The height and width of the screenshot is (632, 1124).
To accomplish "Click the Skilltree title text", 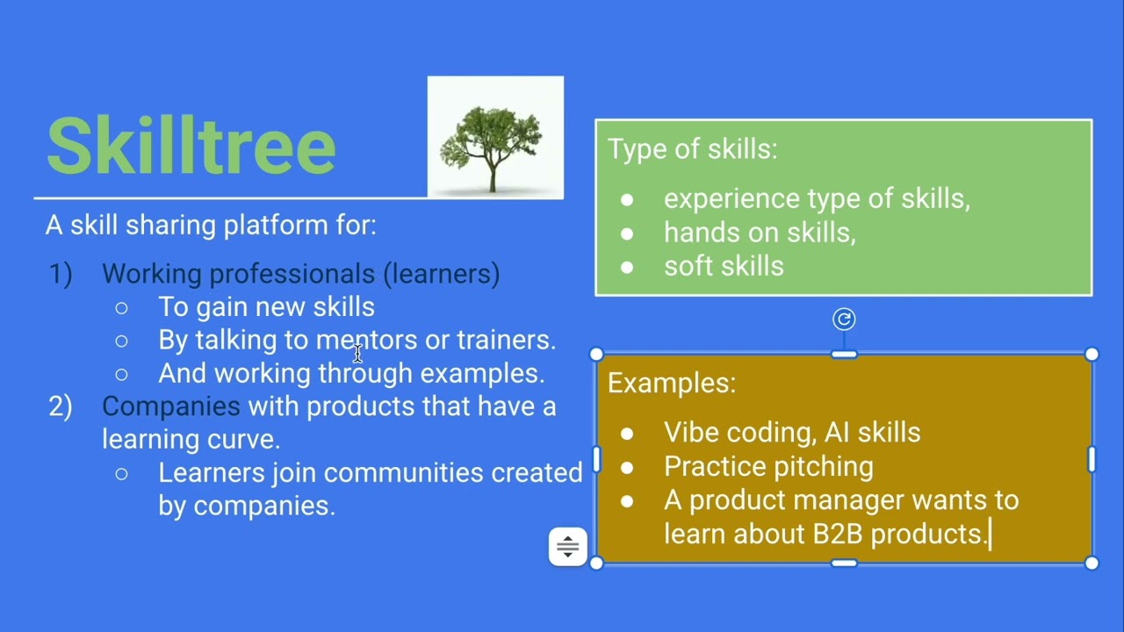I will pyautogui.click(x=191, y=146).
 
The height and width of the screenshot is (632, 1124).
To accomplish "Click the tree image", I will pyautogui.click(x=495, y=137).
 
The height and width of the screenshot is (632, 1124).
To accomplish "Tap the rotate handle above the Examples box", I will pyautogui.click(x=843, y=320).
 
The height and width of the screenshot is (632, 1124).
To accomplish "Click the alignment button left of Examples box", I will pyautogui.click(x=568, y=547).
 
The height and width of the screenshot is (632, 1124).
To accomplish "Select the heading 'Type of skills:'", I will pyautogui.click(x=692, y=149).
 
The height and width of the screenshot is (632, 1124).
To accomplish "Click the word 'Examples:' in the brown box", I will pyautogui.click(x=672, y=383).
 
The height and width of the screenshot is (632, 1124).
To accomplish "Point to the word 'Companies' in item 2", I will pyautogui.click(x=170, y=406).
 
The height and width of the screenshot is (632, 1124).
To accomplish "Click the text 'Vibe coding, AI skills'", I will pyautogui.click(x=791, y=432).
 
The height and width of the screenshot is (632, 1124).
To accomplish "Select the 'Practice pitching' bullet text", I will pyautogui.click(x=768, y=466).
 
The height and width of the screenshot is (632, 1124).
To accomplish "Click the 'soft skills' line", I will pyautogui.click(x=724, y=266).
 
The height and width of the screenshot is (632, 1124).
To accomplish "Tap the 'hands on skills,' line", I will pyautogui.click(x=760, y=233).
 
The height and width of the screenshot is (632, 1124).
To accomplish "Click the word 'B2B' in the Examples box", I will pyautogui.click(x=838, y=534).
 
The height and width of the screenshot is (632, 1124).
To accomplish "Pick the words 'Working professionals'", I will pyautogui.click(x=238, y=274).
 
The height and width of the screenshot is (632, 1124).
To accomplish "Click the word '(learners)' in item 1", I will pyautogui.click(x=442, y=274).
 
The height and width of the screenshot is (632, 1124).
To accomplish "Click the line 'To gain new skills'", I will pyautogui.click(x=266, y=307).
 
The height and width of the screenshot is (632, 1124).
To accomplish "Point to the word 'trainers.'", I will pyautogui.click(x=507, y=340).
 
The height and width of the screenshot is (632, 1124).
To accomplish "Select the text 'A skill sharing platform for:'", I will pyautogui.click(x=211, y=225).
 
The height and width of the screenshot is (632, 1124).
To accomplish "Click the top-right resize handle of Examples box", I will pyautogui.click(x=1092, y=354).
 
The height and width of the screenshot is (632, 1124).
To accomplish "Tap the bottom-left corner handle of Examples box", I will pyautogui.click(x=596, y=563).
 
